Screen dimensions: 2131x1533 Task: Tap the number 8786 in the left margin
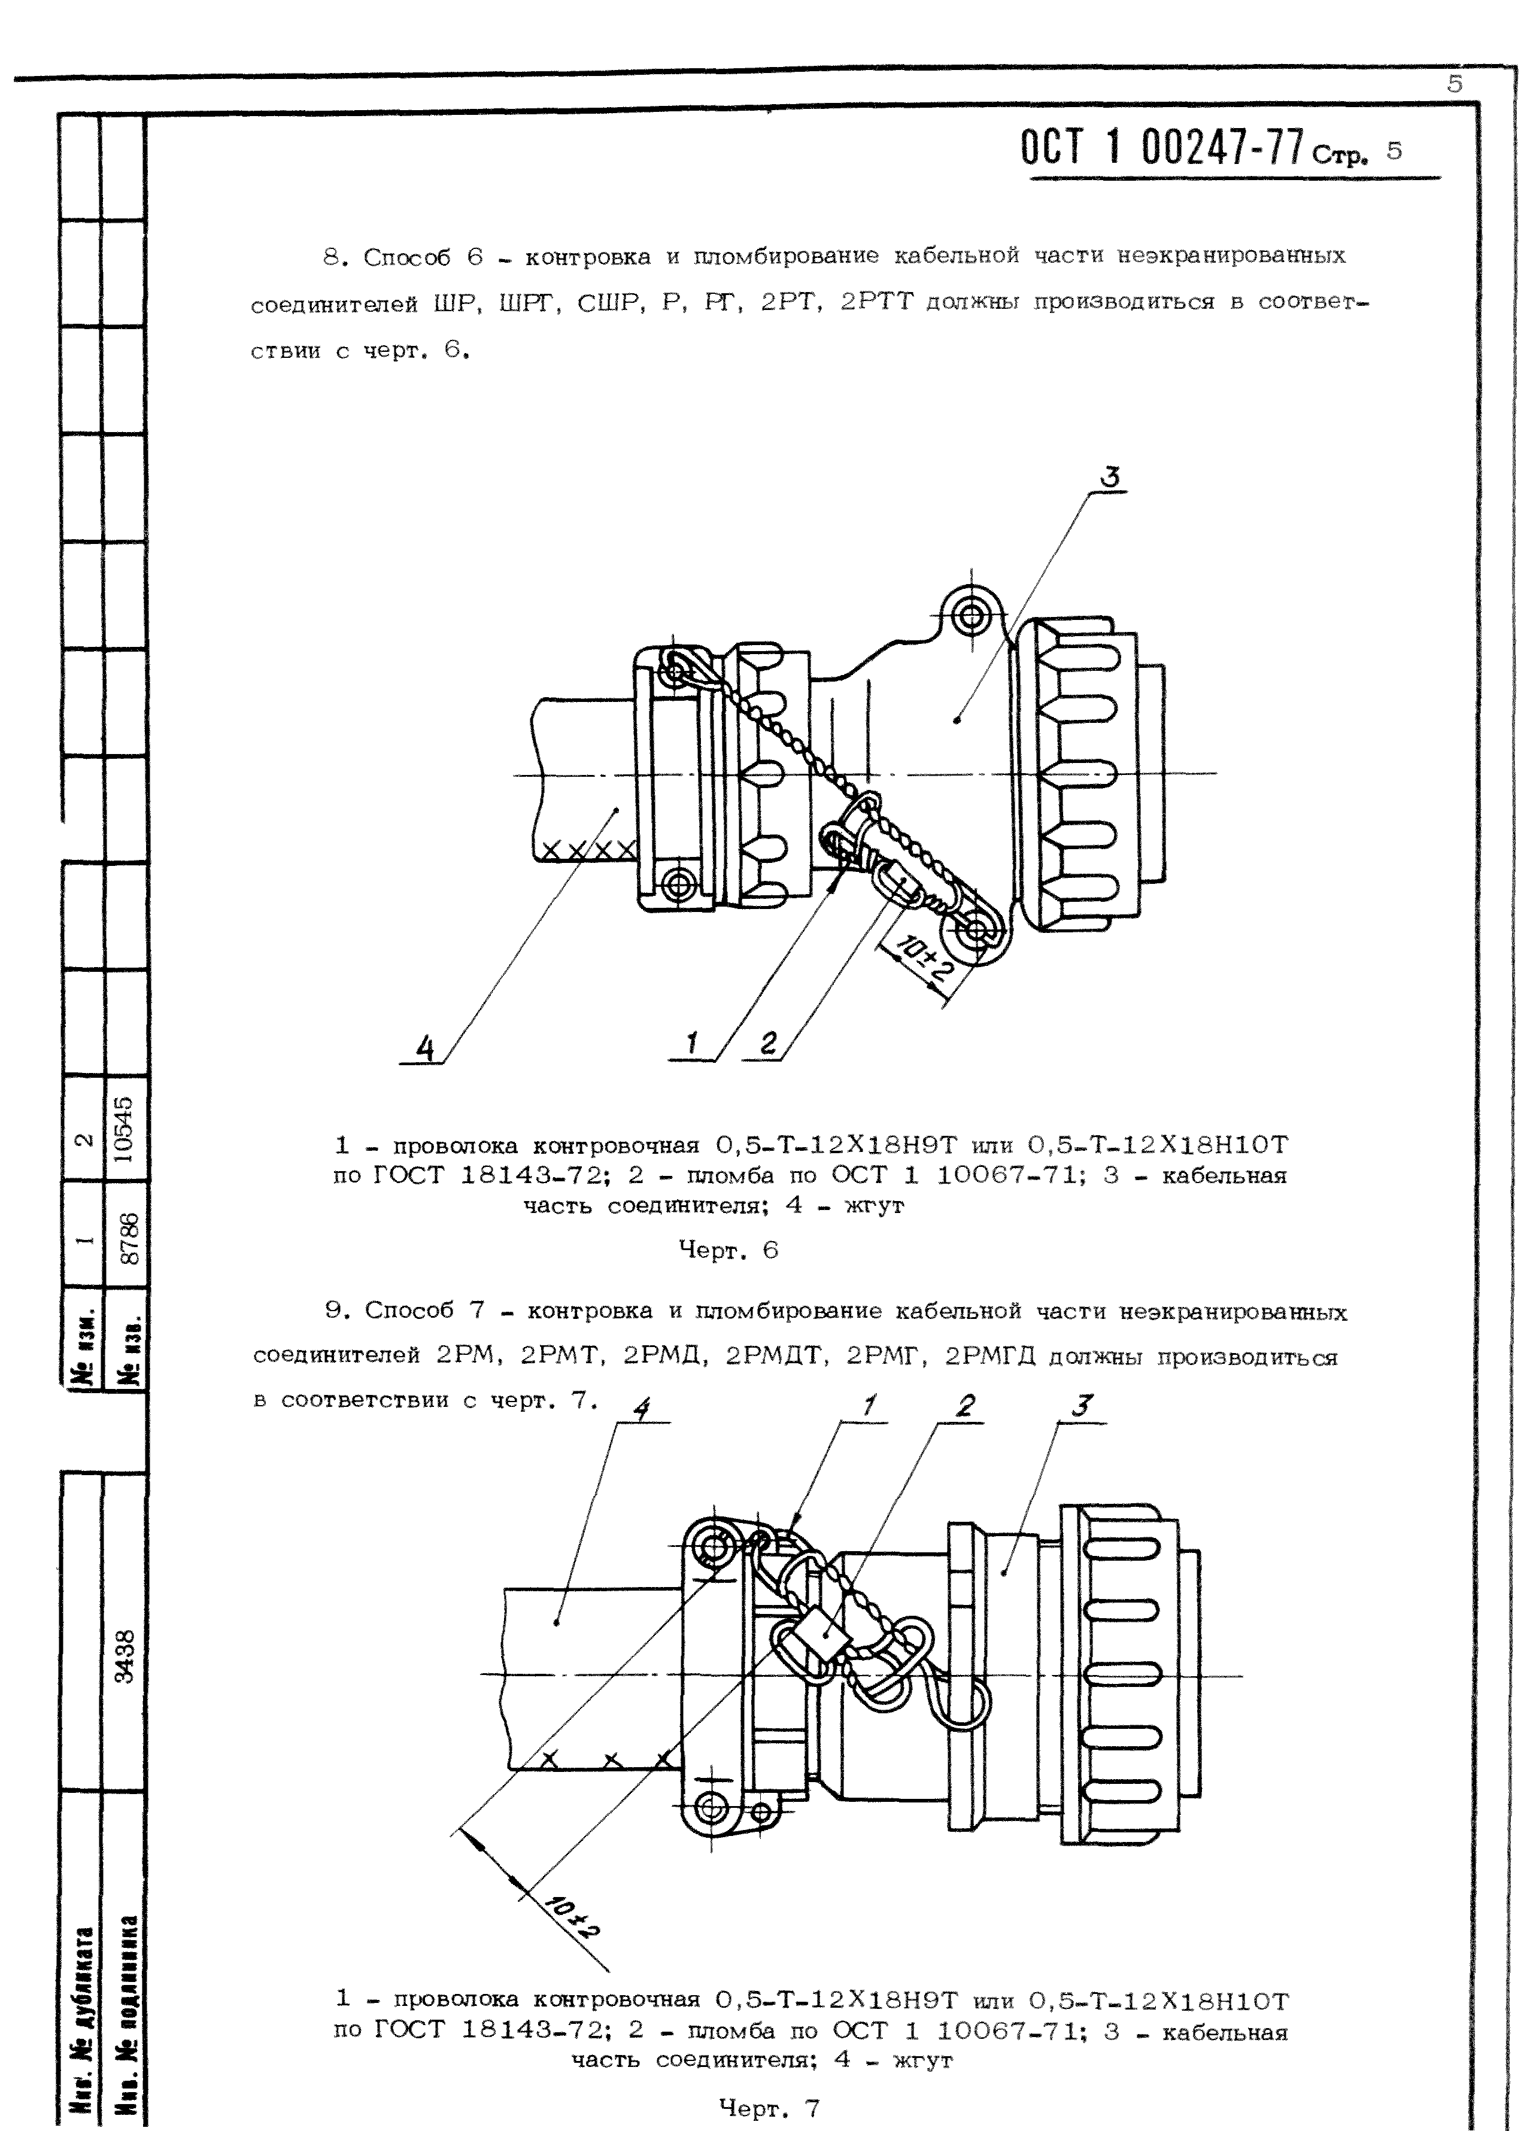130,1238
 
